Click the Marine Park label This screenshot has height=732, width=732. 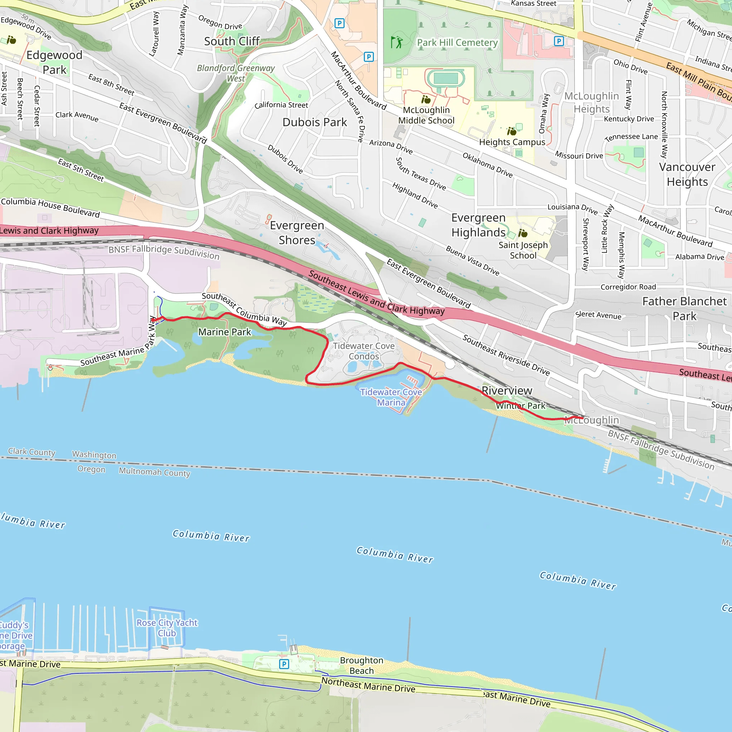click(x=224, y=332)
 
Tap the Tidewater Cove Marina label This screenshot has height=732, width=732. click(x=391, y=397)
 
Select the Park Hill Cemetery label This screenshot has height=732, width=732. click(x=457, y=43)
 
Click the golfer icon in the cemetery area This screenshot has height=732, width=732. click(x=397, y=42)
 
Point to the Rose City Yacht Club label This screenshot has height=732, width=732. click(x=167, y=628)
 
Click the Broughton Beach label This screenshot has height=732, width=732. click(x=361, y=665)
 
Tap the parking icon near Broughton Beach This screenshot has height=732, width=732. click(x=284, y=664)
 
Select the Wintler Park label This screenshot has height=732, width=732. click(x=520, y=406)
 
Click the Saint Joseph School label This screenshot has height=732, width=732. click(x=523, y=250)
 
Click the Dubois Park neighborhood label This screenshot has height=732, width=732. click(x=315, y=122)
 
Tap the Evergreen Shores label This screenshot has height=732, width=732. click(x=297, y=233)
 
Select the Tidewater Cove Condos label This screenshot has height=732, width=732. click(x=364, y=351)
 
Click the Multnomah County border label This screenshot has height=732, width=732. click(x=154, y=472)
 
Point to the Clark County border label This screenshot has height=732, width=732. click(x=32, y=452)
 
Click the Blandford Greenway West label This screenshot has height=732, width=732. click(x=236, y=73)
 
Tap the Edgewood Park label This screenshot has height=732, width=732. click(x=54, y=62)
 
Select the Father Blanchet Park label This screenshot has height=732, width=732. click(x=684, y=308)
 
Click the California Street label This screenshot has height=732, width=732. click(x=281, y=105)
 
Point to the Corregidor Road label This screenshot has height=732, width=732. click(x=628, y=287)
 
